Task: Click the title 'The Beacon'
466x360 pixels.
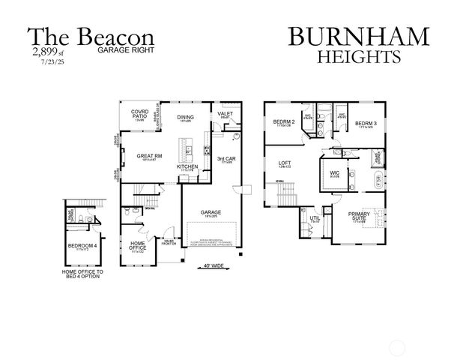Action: pos(91,37)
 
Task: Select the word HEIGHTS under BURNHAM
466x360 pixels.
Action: pos(359,56)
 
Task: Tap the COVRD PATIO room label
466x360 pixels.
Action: pos(140,114)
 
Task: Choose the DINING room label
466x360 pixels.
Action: pos(185,118)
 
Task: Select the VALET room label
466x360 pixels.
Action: pos(225,113)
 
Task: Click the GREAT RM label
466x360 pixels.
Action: pos(145,156)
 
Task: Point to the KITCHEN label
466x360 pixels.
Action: pos(187,166)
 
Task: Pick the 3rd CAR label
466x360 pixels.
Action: pos(226,159)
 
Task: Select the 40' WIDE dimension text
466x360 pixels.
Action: pos(214,265)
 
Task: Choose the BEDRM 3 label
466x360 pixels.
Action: pos(365,122)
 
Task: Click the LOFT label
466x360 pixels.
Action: pos(285,163)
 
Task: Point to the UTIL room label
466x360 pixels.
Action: pos(315,218)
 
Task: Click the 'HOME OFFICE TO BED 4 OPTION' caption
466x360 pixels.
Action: pos(82,274)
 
